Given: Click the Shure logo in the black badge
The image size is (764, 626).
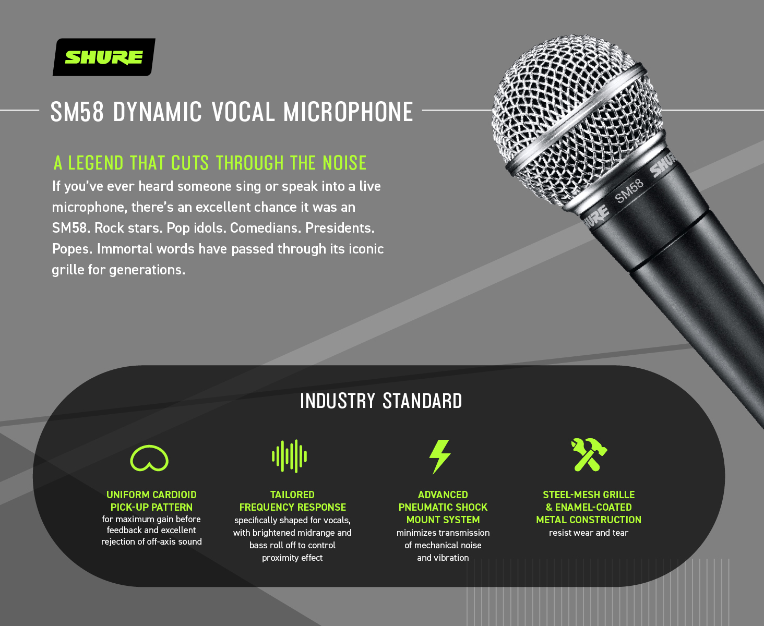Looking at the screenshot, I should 104,57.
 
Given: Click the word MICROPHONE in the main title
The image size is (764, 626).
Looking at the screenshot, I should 348,112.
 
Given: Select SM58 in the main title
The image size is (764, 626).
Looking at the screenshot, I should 77,112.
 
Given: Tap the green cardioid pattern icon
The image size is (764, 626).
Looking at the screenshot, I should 149,458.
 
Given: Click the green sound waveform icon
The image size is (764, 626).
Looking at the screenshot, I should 290,456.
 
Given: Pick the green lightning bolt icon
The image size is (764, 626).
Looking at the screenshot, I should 439,456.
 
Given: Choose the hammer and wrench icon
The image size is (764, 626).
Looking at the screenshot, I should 589,455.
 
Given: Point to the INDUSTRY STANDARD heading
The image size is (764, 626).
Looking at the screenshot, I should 381,401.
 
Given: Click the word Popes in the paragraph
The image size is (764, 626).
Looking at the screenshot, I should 72,249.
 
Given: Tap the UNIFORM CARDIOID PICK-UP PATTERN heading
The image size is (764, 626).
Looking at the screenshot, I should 151,501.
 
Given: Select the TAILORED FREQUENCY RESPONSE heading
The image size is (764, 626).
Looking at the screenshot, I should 292,501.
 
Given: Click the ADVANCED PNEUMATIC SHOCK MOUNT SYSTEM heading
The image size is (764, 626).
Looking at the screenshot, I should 443,507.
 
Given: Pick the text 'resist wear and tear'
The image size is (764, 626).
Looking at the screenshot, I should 589,533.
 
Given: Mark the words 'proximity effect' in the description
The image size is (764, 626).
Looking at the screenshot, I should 292,558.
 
